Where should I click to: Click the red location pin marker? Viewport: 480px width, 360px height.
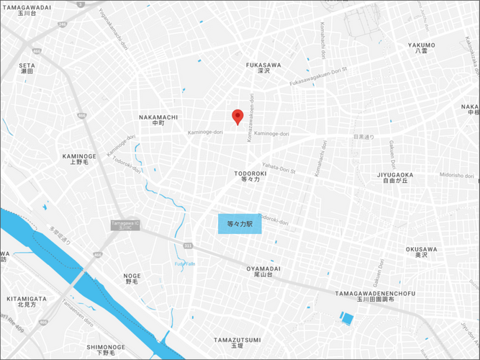(237, 116)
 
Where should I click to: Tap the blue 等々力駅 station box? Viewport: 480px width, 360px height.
(240, 224)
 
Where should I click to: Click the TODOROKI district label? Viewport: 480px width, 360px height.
(250, 177)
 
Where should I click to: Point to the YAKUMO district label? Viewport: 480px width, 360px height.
(422, 48)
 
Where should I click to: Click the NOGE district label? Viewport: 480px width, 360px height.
(132, 278)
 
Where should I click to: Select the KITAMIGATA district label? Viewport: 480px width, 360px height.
(27, 301)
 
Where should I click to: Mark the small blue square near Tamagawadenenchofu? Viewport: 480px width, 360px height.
(347, 318)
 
